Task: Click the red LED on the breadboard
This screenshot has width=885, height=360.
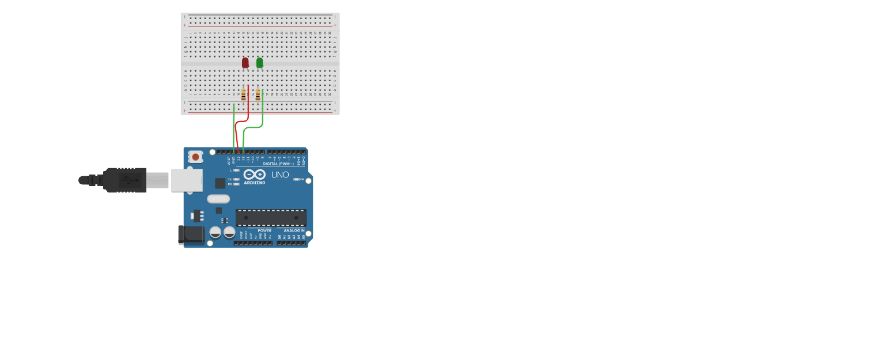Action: pos(245,62)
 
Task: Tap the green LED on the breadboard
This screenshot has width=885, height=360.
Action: pos(260,62)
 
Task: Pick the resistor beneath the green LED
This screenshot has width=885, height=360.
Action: pos(258,94)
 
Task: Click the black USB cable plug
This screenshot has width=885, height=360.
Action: pos(124,180)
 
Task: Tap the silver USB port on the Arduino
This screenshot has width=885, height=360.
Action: pos(187,180)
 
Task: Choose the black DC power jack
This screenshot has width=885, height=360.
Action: pos(191,234)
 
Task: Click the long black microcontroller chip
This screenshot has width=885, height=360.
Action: pos(271,218)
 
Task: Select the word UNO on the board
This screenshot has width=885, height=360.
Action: pos(280,175)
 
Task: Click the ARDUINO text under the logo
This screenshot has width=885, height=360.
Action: pos(255,183)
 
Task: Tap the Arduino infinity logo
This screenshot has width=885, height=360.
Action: pos(254,175)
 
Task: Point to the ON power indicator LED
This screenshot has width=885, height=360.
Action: pos(297,179)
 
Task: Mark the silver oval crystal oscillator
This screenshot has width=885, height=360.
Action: pos(218,199)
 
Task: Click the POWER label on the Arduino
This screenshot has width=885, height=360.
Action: pos(264,230)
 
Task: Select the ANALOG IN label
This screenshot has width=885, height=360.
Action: pos(294,230)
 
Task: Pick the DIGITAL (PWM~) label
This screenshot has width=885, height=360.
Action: pos(278,164)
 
